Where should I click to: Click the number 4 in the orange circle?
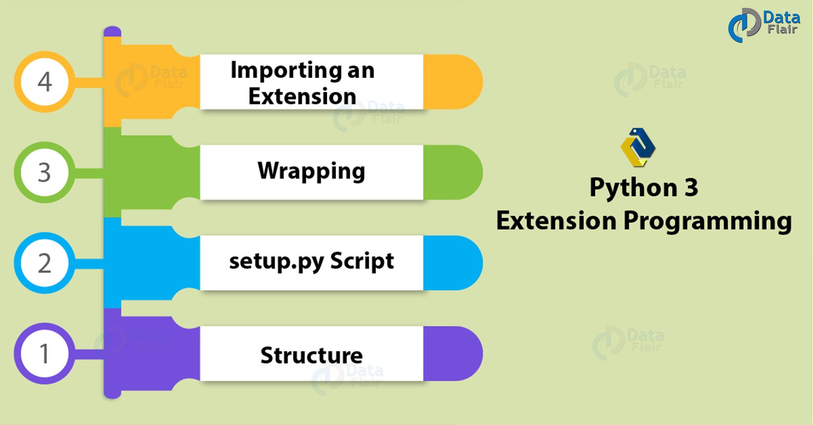click(x=44, y=82)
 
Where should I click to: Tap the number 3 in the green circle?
click(x=44, y=173)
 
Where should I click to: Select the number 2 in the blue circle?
click(x=44, y=263)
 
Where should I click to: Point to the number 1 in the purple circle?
click(x=44, y=354)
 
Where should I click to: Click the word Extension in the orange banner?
click(x=302, y=96)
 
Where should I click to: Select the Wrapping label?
click(x=311, y=171)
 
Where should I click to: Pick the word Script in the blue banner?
click(x=362, y=261)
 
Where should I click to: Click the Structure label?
click(x=311, y=355)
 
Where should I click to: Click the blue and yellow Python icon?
click(x=638, y=147)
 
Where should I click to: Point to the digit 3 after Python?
click(x=691, y=188)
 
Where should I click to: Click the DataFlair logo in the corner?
click(x=764, y=24)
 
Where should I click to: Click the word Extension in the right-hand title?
click(x=556, y=221)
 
